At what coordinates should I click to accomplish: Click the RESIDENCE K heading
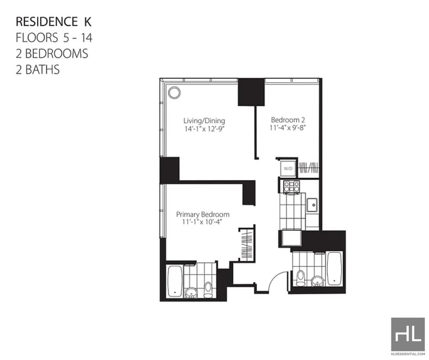pos(54,22)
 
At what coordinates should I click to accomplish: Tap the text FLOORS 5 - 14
pos(54,37)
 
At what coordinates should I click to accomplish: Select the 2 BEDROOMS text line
pos(52,54)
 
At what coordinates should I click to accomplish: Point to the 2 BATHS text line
pos(38,70)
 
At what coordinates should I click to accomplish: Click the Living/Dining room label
pos(204,121)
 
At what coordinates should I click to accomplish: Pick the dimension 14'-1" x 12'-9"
pos(204,129)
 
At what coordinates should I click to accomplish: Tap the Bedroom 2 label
pos(288,119)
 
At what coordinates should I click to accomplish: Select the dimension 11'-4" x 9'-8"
pos(287,127)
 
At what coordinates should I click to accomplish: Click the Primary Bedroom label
pos(203,215)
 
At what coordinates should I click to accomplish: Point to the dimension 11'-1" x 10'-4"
pos(203,222)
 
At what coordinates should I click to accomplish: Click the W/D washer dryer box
pos(288,169)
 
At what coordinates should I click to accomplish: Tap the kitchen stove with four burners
pos(291,187)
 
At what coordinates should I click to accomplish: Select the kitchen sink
pos(312,205)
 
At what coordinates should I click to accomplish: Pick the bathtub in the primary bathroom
pos(175,281)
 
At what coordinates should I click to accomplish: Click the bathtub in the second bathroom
pos(334,269)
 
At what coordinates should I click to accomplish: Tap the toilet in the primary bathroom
pos(208,290)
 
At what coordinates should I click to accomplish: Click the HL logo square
pos(408,334)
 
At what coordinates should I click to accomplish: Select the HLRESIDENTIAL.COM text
pos(408,354)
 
